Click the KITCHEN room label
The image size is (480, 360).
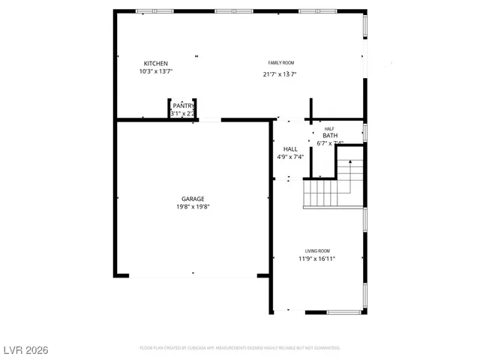point(156,63)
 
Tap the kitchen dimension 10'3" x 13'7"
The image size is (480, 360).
point(156,72)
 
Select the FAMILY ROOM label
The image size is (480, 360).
point(281,62)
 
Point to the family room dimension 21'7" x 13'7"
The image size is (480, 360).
point(280,74)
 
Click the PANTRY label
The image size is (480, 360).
point(183,106)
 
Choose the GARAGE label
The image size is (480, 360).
point(192,199)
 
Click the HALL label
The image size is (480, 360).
point(290,148)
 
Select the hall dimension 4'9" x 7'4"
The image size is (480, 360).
point(290,157)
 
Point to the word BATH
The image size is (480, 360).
point(330,136)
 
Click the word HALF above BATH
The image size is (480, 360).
point(329,129)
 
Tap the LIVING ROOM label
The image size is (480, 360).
point(316,250)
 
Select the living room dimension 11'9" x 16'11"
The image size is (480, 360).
point(316,259)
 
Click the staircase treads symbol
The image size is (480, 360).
point(322,193)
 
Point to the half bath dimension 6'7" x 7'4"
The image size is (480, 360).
point(330,143)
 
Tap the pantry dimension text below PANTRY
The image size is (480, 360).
point(182,114)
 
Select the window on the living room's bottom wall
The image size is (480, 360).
point(343,312)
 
